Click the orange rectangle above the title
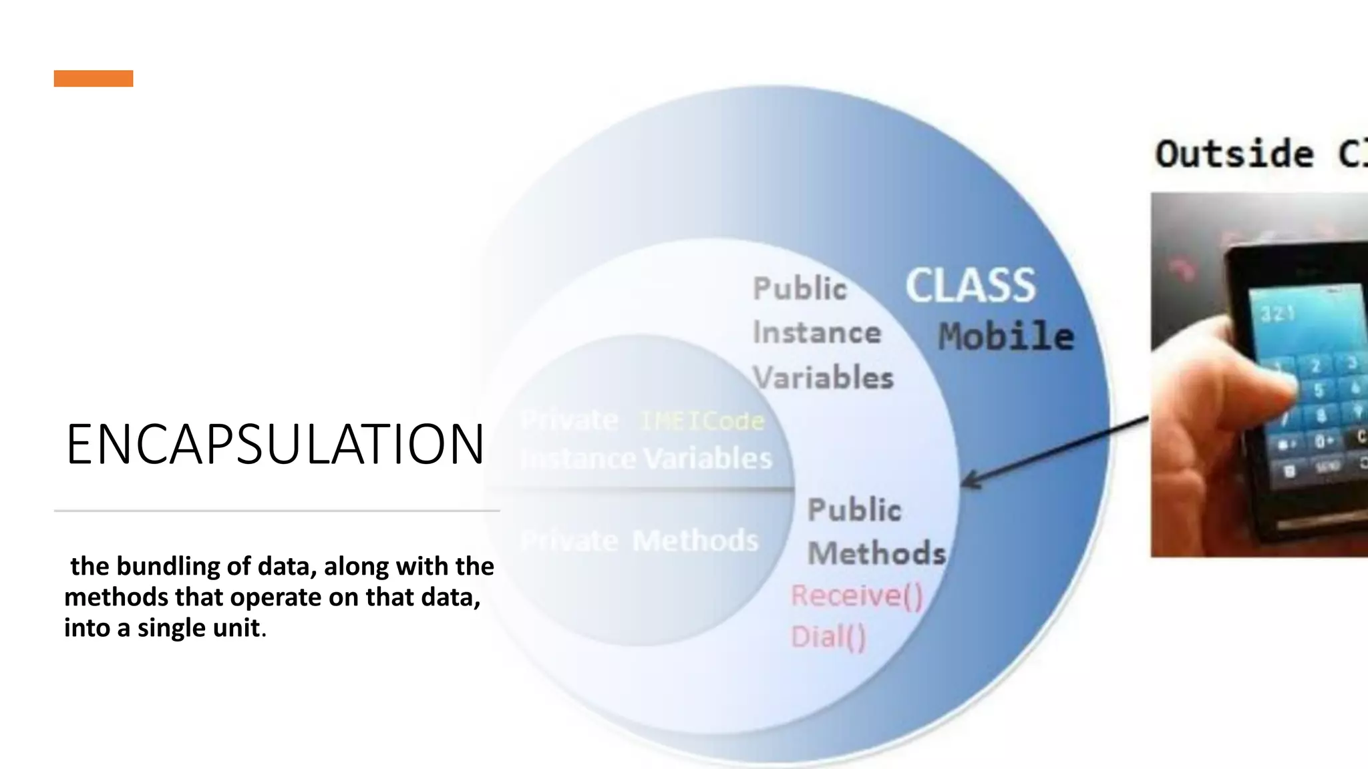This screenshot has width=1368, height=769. pyautogui.click(x=94, y=78)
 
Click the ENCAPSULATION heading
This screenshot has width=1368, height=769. pyautogui.click(x=275, y=445)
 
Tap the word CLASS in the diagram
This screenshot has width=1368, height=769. pyautogui.click(x=970, y=286)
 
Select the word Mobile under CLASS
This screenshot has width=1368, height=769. pyautogui.click(x=1006, y=336)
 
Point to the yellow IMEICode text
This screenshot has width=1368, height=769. pyautogui.click(x=702, y=421)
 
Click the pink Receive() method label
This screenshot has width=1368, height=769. pyautogui.click(x=857, y=595)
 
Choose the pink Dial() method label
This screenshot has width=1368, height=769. pyautogui.click(x=828, y=637)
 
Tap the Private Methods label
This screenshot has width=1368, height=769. pyautogui.click(x=639, y=541)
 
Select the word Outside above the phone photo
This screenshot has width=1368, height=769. pyautogui.click(x=1234, y=154)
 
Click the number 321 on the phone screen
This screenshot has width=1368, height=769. pyautogui.click(x=1277, y=314)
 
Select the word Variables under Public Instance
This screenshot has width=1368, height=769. pyautogui.click(x=823, y=378)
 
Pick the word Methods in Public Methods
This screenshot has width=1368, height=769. pyautogui.click(x=876, y=553)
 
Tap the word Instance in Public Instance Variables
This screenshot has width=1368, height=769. pyautogui.click(x=817, y=332)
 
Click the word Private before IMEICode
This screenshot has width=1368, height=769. pyautogui.click(x=569, y=421)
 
